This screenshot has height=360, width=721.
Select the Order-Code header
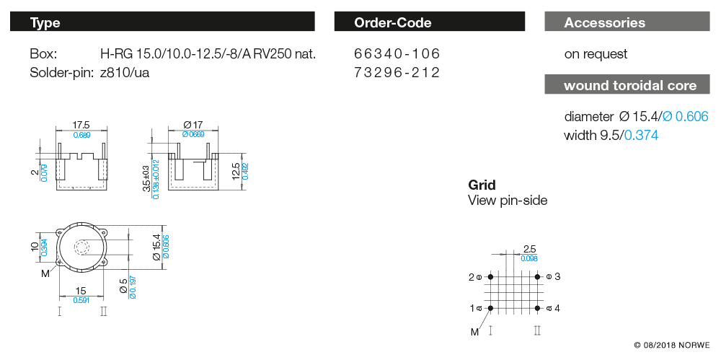tap(429, 22)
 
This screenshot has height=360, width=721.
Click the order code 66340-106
tap(397, 54)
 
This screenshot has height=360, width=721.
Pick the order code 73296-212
tap(397, 72)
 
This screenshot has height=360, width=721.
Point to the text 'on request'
tap(596, 54)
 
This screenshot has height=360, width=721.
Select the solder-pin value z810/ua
tap(125, 72)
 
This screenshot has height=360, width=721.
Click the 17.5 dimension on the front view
tap(81, 124)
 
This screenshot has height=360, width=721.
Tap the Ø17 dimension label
tap(193, 124)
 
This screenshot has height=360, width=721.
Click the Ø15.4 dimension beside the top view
tap(156, 248)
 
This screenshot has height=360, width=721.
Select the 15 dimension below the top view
tap(81, 291)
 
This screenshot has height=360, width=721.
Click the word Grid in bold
tap(482, 185)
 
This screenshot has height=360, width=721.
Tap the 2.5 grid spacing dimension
tap(529, 249)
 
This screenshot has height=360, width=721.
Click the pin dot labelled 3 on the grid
tap(538, 276)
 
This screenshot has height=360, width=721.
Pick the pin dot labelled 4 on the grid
tap(538, 308)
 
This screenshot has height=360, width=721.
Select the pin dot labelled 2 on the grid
tap(490, 276)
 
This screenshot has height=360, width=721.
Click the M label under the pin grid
tap(474, 332)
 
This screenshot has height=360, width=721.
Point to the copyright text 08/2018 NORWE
tap(672, 344)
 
